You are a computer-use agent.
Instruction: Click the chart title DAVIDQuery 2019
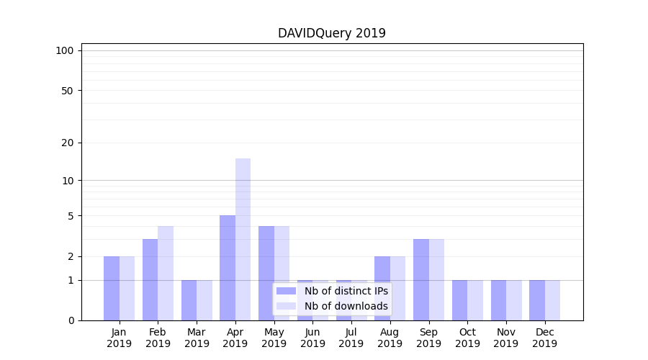click(332, 33)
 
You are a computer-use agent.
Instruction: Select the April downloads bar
click(243, 239)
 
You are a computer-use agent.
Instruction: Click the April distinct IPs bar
click(228, 268)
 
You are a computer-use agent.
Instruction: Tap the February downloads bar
click(166, 273)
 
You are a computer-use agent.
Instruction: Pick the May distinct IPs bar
click(266, 273)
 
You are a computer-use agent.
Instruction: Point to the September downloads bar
click(436, 279)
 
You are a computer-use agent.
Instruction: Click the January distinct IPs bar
click(112, 288)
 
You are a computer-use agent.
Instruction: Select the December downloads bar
click(552, 300)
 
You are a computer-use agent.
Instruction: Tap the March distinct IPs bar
click(189, 300)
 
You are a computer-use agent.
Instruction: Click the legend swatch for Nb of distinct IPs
click(287, 291)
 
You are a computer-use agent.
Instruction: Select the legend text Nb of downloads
click(346, 306)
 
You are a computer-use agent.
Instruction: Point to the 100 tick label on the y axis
click(65, 50)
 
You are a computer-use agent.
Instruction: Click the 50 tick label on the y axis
click(68, 91)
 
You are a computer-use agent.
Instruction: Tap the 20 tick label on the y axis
click(68, 143)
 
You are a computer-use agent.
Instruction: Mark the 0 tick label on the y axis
click(71, 320)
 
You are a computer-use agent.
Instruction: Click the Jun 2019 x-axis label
click(312, 338)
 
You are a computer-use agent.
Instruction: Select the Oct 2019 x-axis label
click(467, 338)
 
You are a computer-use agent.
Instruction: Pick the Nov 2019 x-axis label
click(506, 338)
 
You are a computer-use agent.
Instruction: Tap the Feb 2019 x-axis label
click(158, 338)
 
